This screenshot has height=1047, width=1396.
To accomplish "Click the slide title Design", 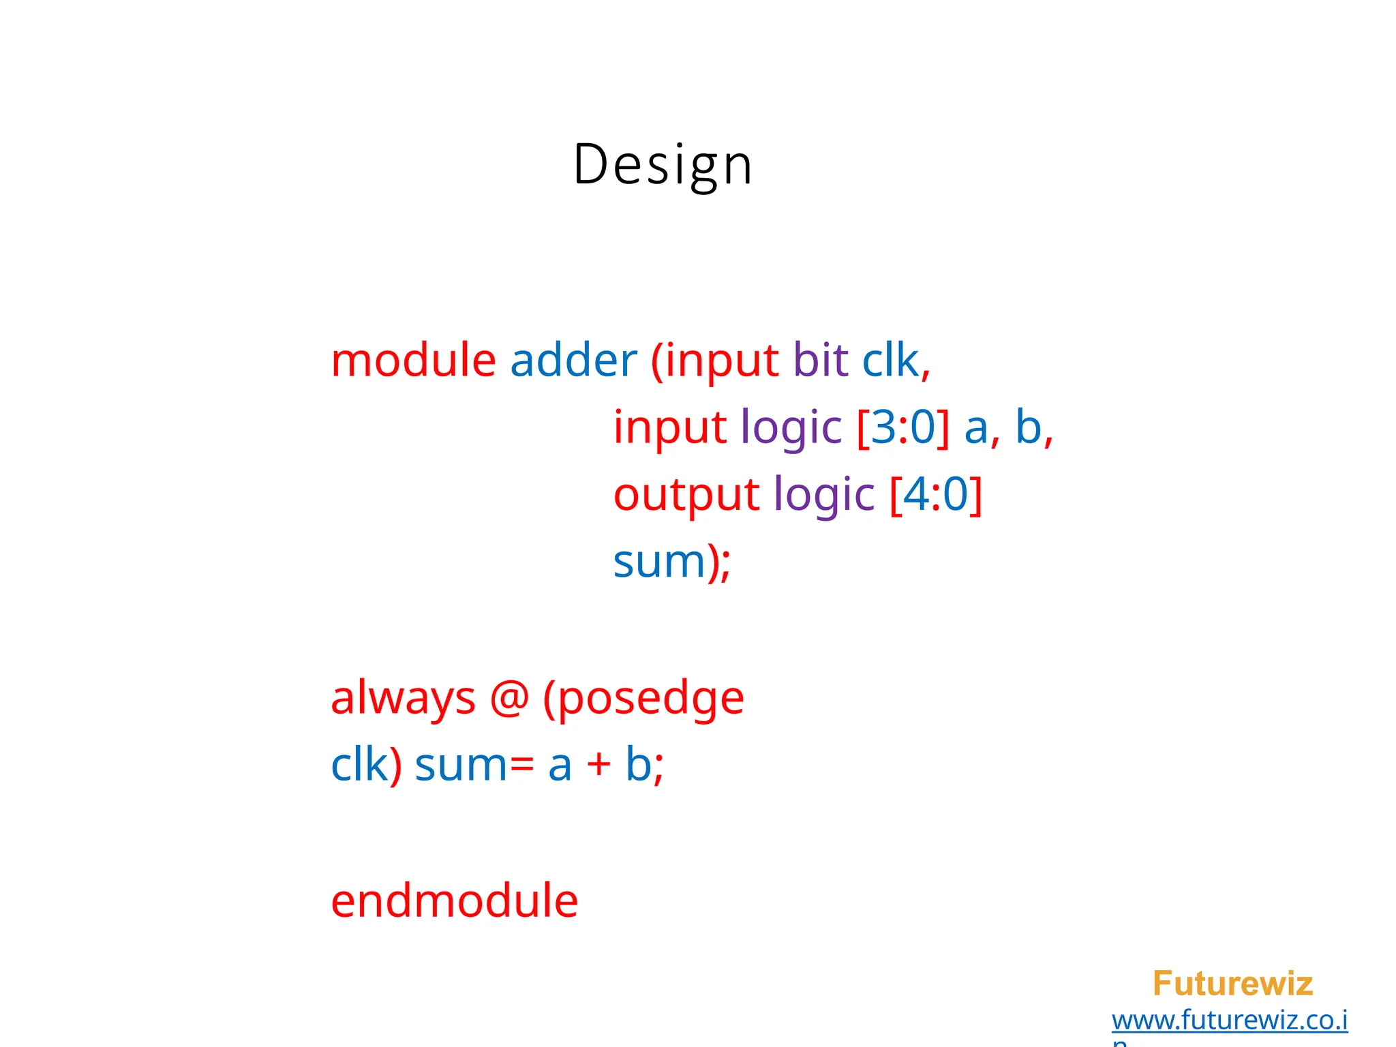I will pyautogui.click(x=663, y=165).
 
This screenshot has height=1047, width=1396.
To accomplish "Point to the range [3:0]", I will pyautogui.click(x=902, y=428).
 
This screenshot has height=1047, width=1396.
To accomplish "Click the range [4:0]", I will pyautogui.click(x=936, y=495).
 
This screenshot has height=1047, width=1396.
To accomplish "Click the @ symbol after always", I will pyautogui.click(x=509, y=699).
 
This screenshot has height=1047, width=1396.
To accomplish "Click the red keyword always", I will pyautogui.click(x=403, y=699).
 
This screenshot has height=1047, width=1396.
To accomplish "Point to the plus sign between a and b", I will pyautogui.click(x=598, y=765).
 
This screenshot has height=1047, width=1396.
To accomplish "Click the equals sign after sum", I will pyautogui.click(x=521, y=765).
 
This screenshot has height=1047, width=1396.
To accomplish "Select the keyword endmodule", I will pyautogui.click(x=454, y=901).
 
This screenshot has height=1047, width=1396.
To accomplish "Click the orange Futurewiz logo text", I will pyautogui.click(x=1232, y=984).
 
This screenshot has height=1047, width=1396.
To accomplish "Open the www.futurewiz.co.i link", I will pyautogui.click(x=1229, y=1020).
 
